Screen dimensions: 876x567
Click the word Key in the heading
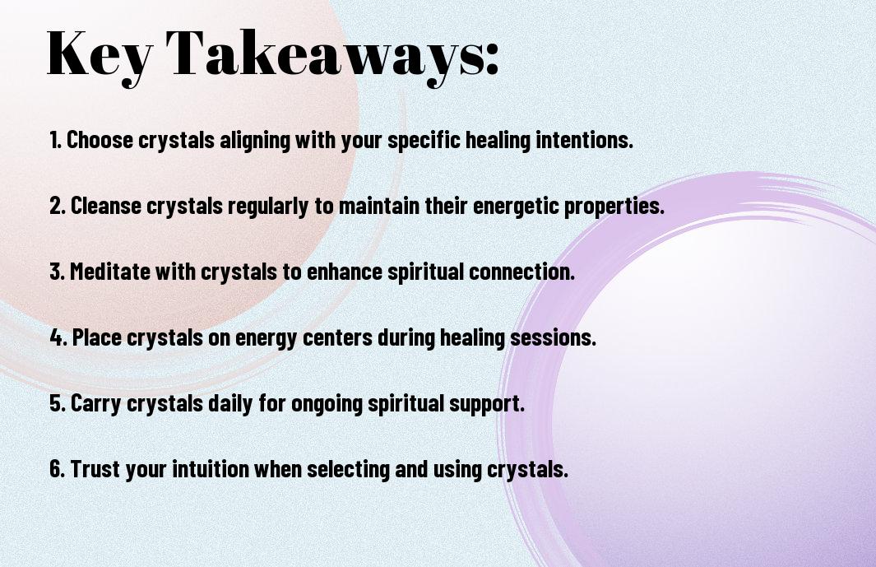(x=99, y=56)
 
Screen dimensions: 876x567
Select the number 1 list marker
(x=55, y=140)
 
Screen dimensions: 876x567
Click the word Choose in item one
(x=100, y=140)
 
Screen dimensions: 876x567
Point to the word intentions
(x=584, y=140)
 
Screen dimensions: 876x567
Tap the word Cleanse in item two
(x=105, y=205)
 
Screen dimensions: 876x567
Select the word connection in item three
(x=521, y=272)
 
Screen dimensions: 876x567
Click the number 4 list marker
(x=58, y=337)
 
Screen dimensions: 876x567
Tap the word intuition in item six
(x=210, y=468)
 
